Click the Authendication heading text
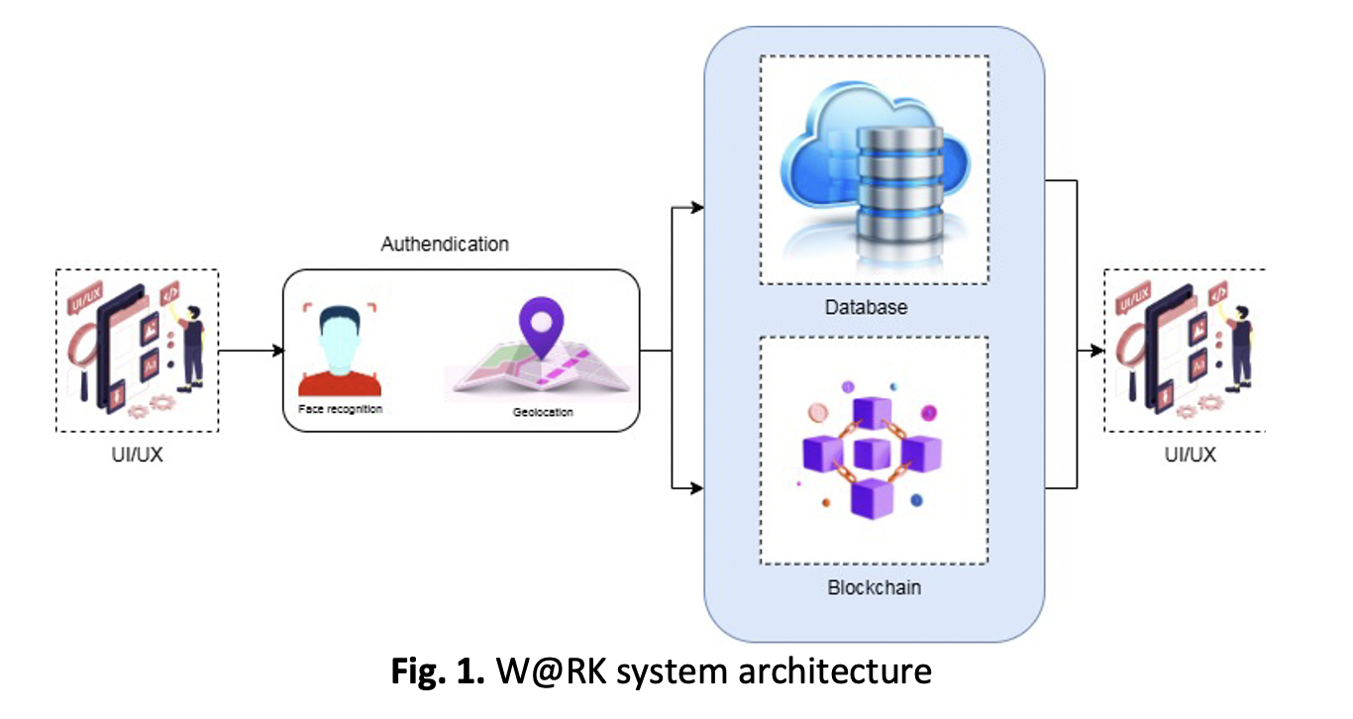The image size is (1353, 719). click(445, 244)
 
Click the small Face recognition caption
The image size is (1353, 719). click(340, 408)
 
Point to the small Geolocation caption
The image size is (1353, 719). click(543, 412)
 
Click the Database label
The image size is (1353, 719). click(866, 307)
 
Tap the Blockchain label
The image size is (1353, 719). click(874, 587)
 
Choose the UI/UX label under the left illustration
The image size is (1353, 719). click(137, 456)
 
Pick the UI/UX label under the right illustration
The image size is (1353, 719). click(1190, 456)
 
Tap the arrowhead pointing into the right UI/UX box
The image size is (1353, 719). click(1096, 351)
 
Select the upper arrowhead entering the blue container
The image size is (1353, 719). click(697, 208)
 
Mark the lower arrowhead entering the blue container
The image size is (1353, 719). click(697, 487)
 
